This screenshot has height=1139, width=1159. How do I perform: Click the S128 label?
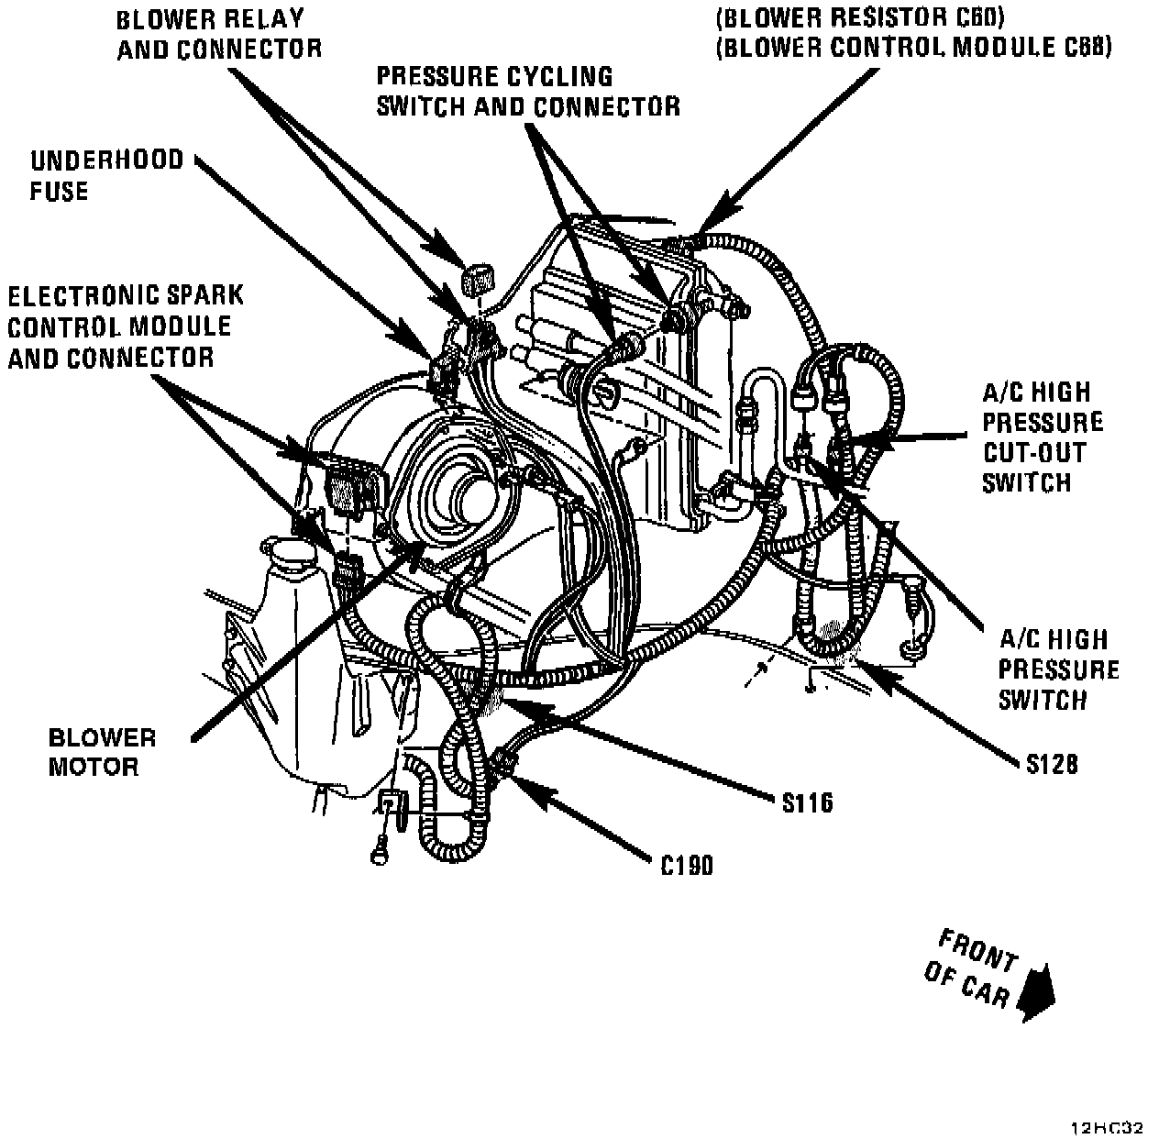pos(1052,762)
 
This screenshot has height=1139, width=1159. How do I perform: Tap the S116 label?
pos(807,802)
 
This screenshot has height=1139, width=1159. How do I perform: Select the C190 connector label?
pos(687,865)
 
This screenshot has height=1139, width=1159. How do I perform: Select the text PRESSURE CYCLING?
pos(495,76)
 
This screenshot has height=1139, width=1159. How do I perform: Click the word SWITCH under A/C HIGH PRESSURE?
pos(1043,700)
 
